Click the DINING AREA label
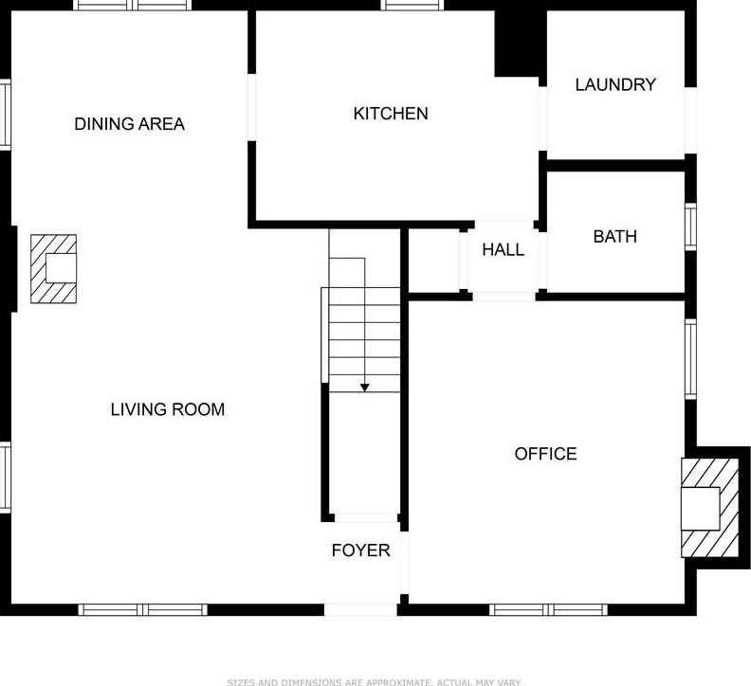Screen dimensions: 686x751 pyautogui.click(x=129, y=124)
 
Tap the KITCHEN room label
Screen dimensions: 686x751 pyautogui.click(x=391, y=114)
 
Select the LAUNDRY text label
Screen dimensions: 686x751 pyautogui.click(x=615, y=84)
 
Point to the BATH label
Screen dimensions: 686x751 pyautogui.click(x=614, y=237)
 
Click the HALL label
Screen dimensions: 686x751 pyautogui.click(x=503, y=250)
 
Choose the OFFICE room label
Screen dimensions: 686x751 pyautogui.click(x=545, y=454)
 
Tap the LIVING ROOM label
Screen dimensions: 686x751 pyautogui.click(x=168, y=409)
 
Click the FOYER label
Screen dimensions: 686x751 pyautogui.click(x=360, y=551)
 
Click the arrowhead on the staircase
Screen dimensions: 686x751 pyautogui.click(x=364, y=387)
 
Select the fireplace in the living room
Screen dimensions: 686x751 pyautogui.click(x=54, y=269)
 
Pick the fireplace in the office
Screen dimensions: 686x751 pyautogui.click(x=708, y=508)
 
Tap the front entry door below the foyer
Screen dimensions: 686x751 pyautogui.click(x=360, y=609)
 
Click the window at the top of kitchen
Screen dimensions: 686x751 pyautogui.click(x=412, y=6)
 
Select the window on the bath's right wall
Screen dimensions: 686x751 pyautogui.click(x=690, y=227)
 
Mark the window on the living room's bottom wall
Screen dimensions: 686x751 pyautogui.click(x=142, y=609)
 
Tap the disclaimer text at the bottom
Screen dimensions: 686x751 pyautogui.click(x=375, y=680)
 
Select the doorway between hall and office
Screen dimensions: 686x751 pyautogui.click(x=504, y=297)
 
